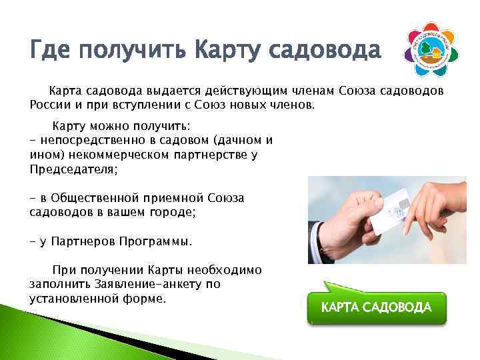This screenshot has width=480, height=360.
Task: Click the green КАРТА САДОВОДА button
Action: [x=377, y=307]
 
